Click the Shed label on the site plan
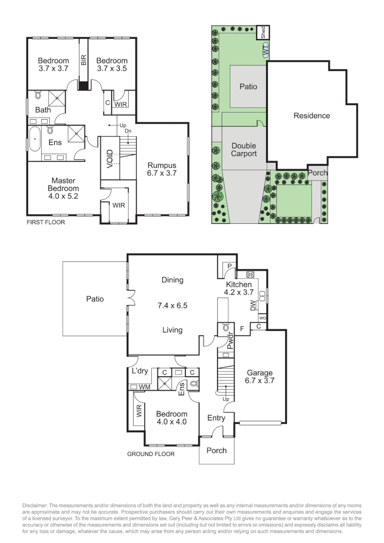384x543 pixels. point(263,32)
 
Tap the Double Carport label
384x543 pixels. point(244,150)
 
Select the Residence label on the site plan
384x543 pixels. point(312,116)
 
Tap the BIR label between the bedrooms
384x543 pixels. point(84,59)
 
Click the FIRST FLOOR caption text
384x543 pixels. point(46,221)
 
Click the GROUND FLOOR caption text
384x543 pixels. point(150,454)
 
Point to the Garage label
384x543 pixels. point(259,373)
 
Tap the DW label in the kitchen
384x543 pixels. point(252,305)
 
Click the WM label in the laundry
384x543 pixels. point(145,387)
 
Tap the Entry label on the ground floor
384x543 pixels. point(216,418)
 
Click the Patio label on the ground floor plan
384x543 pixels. point(94,299)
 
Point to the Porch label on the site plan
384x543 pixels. point(318,172)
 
